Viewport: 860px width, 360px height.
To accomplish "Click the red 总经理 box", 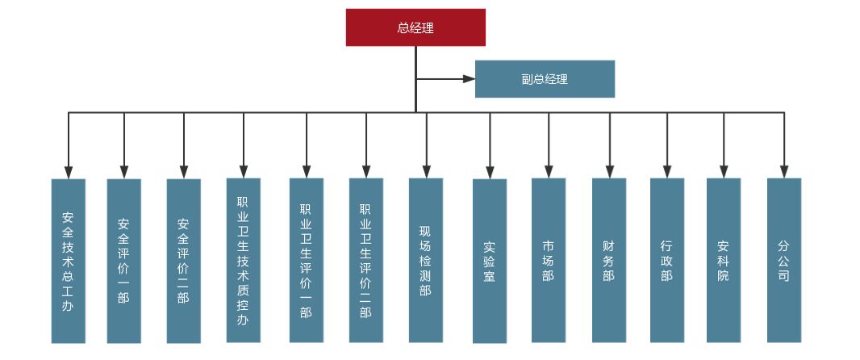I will [x=415, y=27].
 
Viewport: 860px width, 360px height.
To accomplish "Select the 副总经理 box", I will [x=545, y=79].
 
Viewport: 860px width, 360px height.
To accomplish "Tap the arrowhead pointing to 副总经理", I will [x=469, y=79].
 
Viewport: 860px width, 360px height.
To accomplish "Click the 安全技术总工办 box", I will [x=69, y=261].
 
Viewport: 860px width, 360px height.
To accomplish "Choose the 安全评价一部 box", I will [x=123, y=261].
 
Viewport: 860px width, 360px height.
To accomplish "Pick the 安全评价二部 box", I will [x=183, y=261].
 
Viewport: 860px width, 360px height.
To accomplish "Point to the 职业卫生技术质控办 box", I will [x=243, y=260].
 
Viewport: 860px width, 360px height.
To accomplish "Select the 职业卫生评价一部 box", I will [x=306, y=260].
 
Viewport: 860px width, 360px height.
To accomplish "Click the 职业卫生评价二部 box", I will [x=365, y=260].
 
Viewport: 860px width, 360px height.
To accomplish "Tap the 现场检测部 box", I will [x=425, y=260].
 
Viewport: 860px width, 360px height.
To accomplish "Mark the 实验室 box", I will [x=489, y=261].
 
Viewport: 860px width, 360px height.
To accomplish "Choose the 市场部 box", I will [x=549, y=260].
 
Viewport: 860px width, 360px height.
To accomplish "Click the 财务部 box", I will [x=608, y=260].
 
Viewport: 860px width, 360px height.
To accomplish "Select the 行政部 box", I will [x=667, y=260].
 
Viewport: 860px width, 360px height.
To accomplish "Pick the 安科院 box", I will [x=723, y=260].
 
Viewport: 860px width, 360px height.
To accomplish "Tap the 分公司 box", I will [x=783, y=260].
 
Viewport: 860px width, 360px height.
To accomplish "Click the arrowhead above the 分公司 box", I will [x=783, y=171].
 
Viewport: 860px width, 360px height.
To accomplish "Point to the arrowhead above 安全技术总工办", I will [x=69, y=172].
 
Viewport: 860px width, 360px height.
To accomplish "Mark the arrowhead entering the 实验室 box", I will [x=489, y=172].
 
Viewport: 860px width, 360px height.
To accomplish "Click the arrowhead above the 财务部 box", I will [x=608, y=171].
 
